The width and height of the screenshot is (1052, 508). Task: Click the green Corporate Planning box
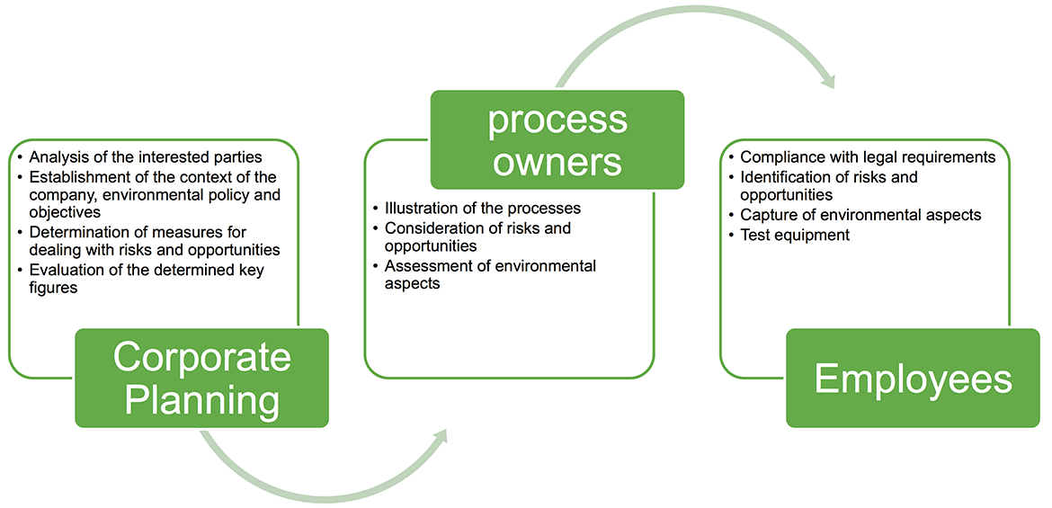point(202,378)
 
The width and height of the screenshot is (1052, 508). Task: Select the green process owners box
point(557,139)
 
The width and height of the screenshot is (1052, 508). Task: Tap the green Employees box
point(913,378)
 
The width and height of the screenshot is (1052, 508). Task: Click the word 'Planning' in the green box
point(202,403)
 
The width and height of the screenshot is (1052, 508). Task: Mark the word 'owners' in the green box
point(557,162)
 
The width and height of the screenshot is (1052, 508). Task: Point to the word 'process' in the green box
point(557,121)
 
